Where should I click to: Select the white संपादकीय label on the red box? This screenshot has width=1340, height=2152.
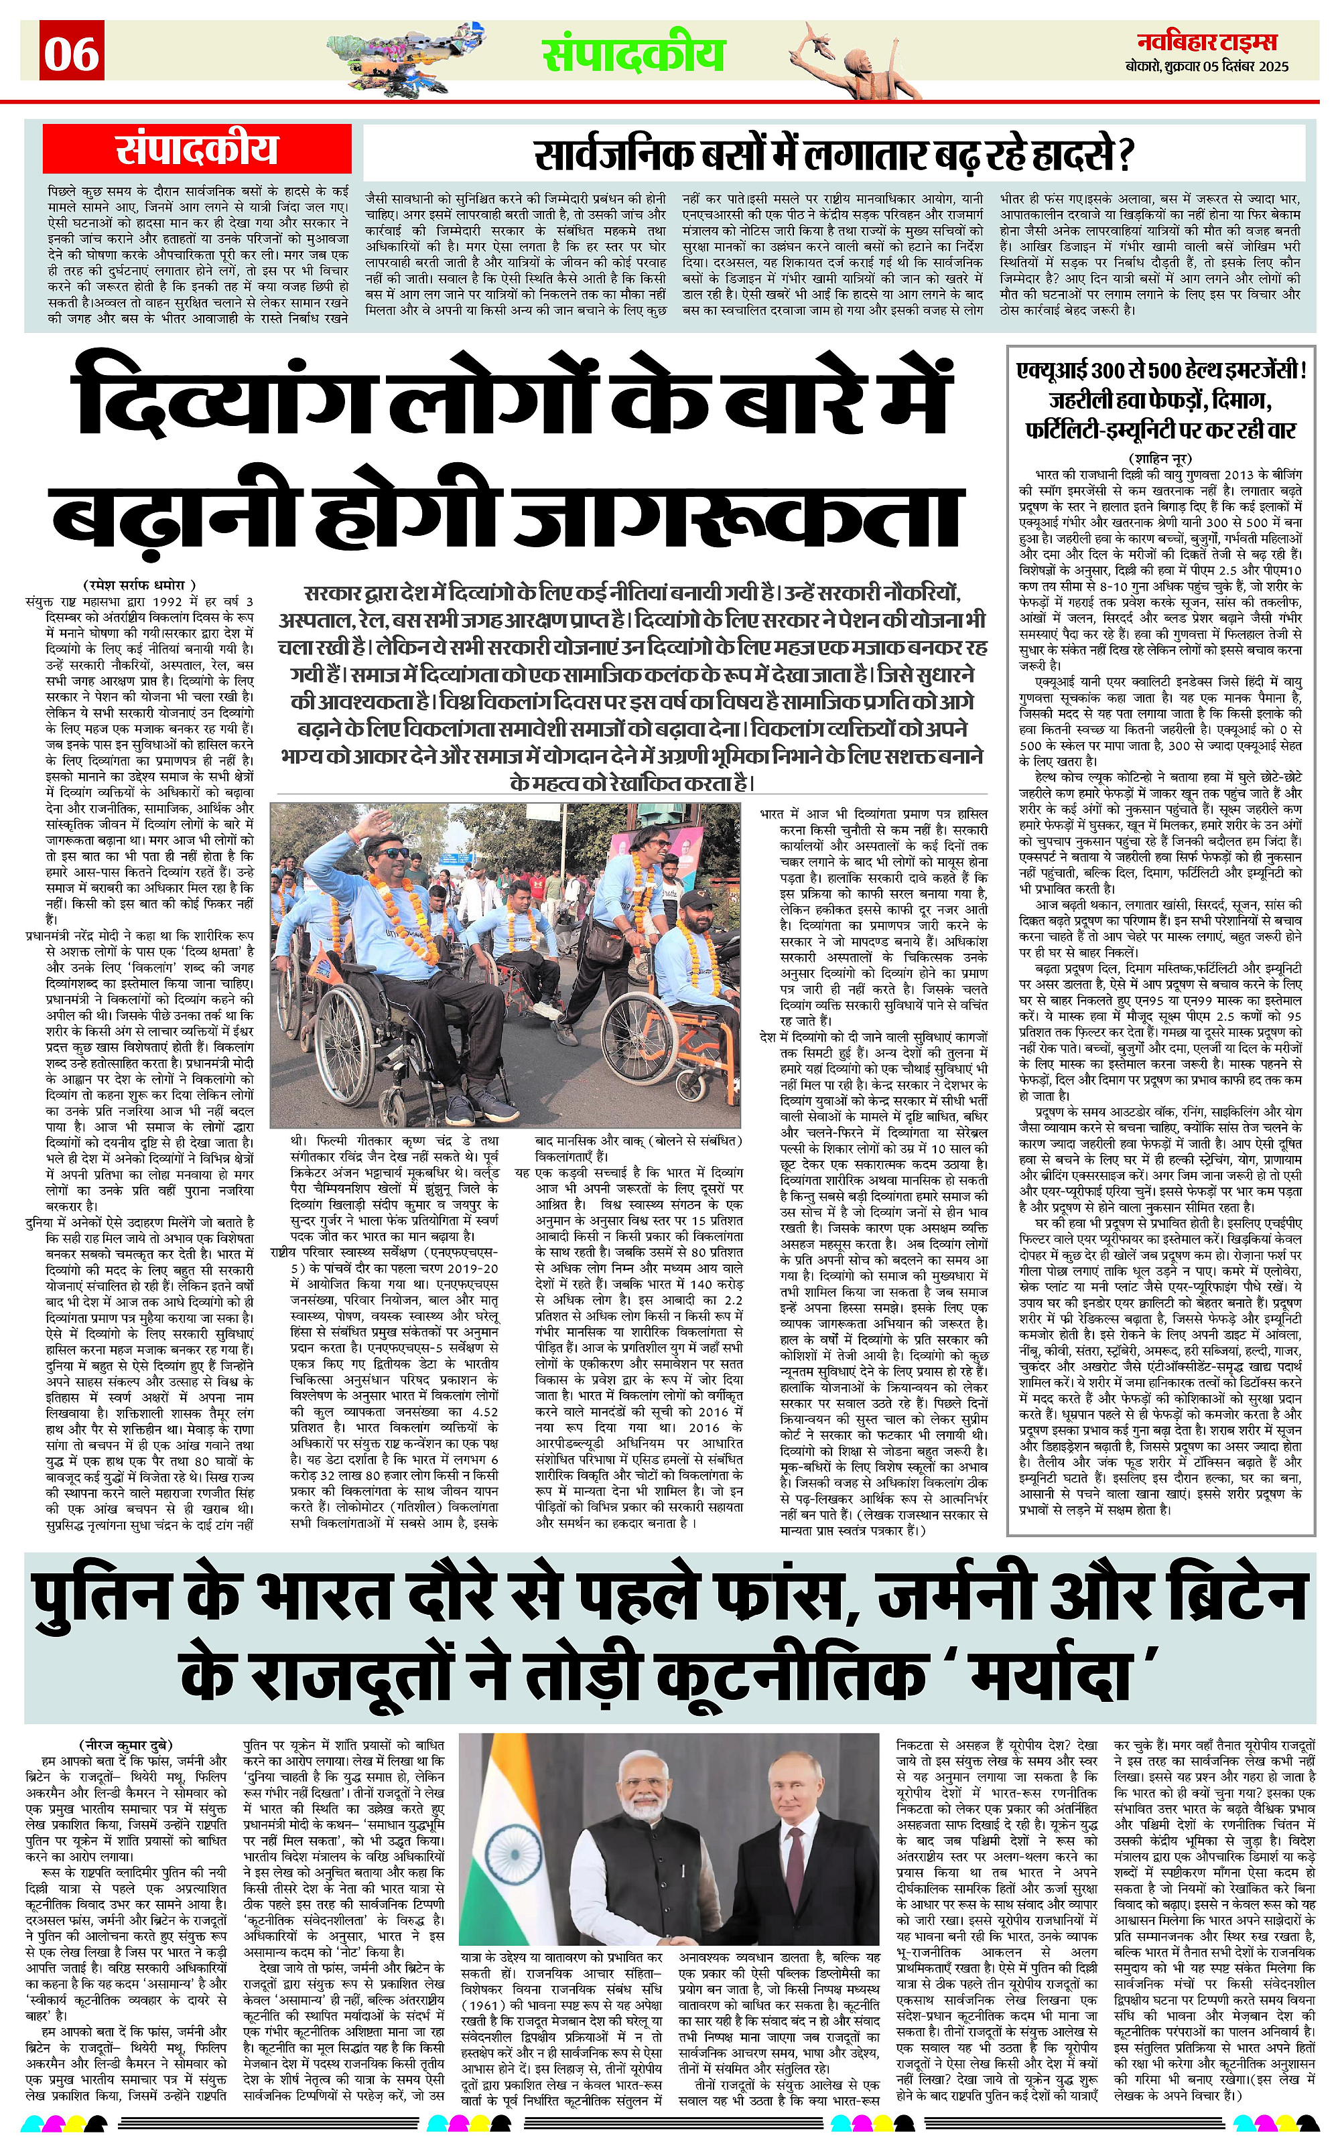pos(197,149)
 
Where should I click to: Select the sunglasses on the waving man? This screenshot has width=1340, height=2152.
pos(396,853)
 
